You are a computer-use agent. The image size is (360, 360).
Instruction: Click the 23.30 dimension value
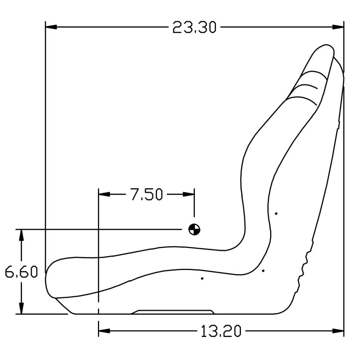coord(194,27)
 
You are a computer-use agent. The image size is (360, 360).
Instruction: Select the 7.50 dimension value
coord(146,194)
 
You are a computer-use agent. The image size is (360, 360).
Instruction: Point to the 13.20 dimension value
coord(221,331)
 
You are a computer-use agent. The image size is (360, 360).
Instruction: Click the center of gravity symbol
coord(194,229)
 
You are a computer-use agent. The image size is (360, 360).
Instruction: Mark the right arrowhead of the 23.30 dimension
coord(338,27)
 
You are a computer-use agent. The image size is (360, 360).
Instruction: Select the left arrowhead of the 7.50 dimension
coord(104,194)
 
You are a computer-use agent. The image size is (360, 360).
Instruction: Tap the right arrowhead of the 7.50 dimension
coord(189,194)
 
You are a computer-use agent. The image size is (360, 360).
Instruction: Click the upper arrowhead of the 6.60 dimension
coord(22,235)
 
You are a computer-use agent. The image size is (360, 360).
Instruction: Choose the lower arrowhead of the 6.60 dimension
coord(22,308)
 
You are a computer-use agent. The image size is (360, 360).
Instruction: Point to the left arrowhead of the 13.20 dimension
coord(104,331)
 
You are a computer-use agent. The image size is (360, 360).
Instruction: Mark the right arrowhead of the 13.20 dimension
coord(338,331)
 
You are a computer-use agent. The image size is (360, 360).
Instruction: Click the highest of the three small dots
coord(276,213)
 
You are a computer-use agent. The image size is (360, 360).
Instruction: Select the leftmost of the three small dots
coord(202,278)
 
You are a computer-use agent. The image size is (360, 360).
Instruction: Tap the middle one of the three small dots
coord(263,270)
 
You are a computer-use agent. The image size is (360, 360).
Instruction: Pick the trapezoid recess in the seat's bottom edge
coord(173,312)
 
